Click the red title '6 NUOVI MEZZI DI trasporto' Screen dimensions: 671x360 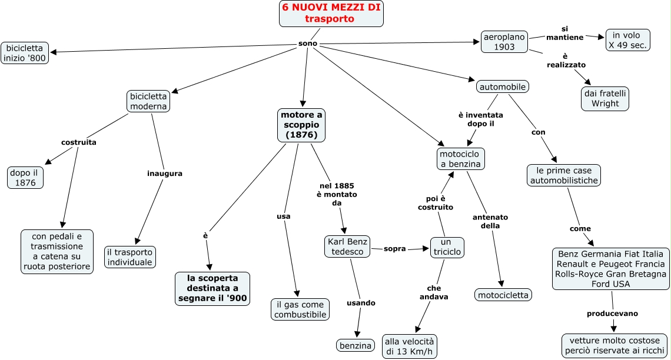tap(331, 14)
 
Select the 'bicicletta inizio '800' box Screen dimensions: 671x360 tap(25, 53)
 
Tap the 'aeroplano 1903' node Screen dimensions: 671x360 tap(504, 42)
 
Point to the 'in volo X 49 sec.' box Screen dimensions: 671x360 tap(628, 40)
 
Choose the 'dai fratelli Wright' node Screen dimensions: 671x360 tap(605, 98)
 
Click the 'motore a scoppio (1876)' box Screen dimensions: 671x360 tap(301, 125)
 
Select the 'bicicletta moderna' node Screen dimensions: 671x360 tap(148, 101)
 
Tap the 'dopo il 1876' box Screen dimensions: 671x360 tap(25, 178)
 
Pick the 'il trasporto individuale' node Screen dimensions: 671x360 tap(130, 257)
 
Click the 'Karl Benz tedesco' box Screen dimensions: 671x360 tap(347, 246)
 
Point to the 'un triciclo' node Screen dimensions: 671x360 tap(447, 247)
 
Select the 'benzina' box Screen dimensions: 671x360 tap(355, 345)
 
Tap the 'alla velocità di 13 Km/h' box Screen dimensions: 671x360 tap(410, 346)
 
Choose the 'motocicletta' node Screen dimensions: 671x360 tap(503, 295)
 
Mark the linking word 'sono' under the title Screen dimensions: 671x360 tap(308, 44)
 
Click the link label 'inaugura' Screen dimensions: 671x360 tap(165, 173)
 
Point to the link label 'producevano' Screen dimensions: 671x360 tap(612, 314)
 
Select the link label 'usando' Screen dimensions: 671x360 tap(361, 303)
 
